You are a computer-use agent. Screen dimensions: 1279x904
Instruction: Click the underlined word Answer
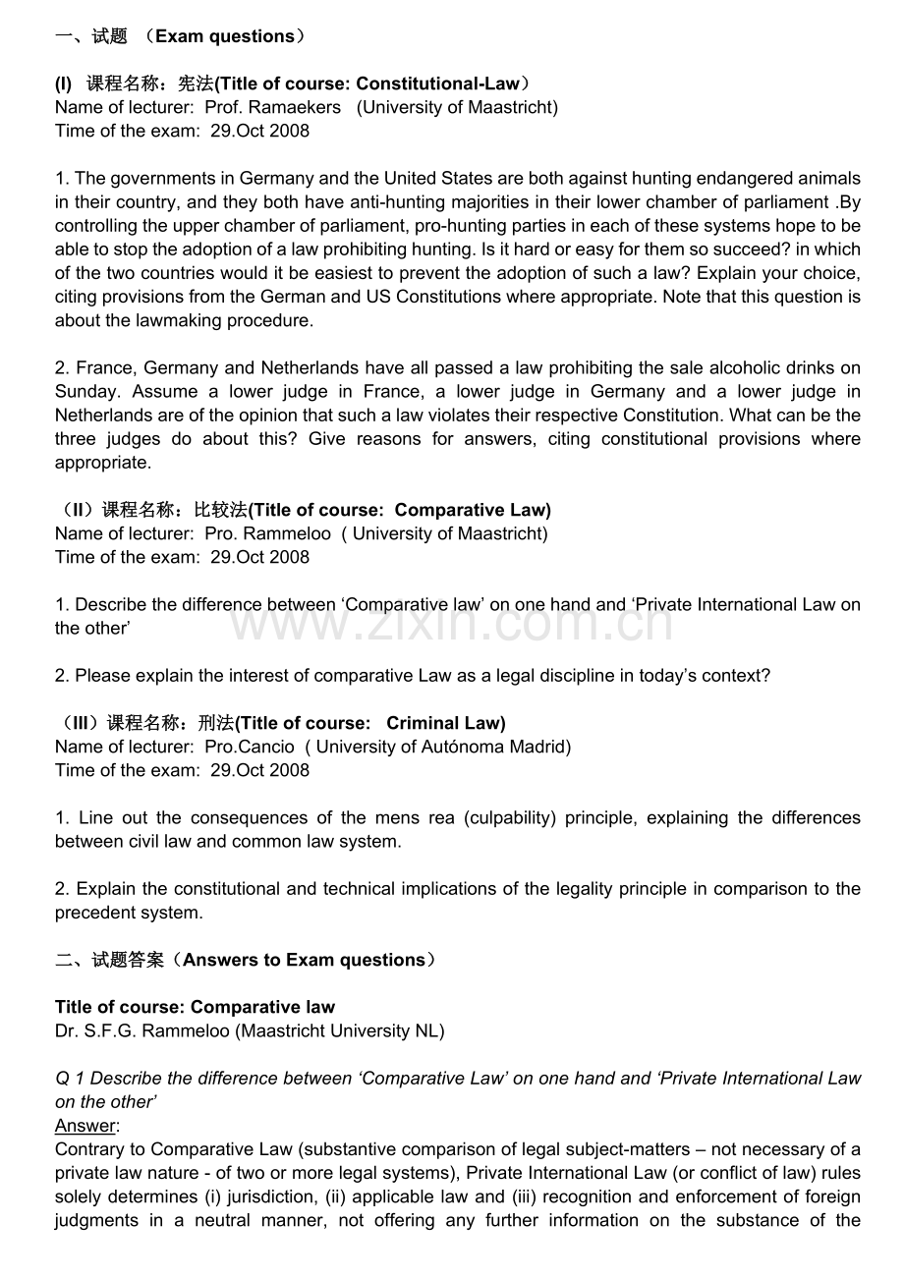[85, 1126]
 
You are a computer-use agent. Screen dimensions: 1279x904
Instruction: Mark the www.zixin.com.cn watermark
[452, 622]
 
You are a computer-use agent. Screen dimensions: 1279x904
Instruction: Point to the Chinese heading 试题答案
[129, 960]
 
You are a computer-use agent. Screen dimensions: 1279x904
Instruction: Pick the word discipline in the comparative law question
[531, 676]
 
